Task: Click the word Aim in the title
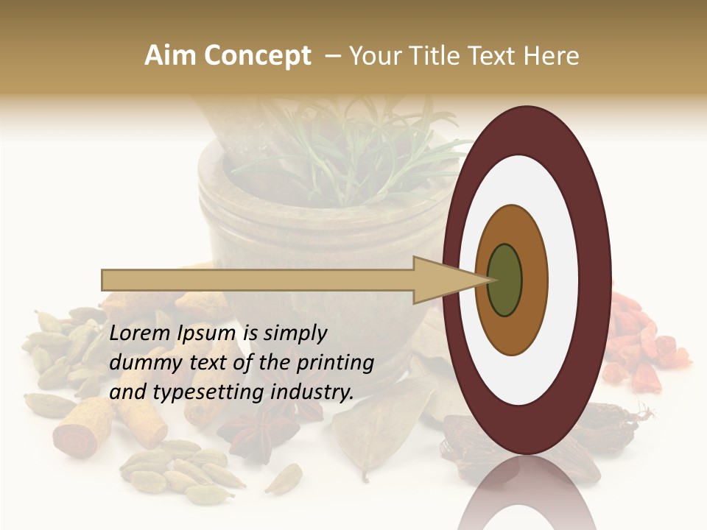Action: [168, 57]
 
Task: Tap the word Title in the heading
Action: [452, 57]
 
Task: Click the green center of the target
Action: [505, 280]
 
